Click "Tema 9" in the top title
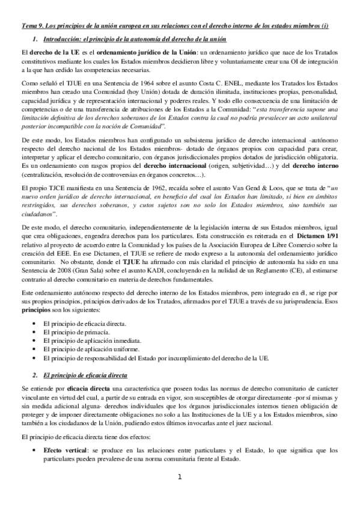point(31,27)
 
